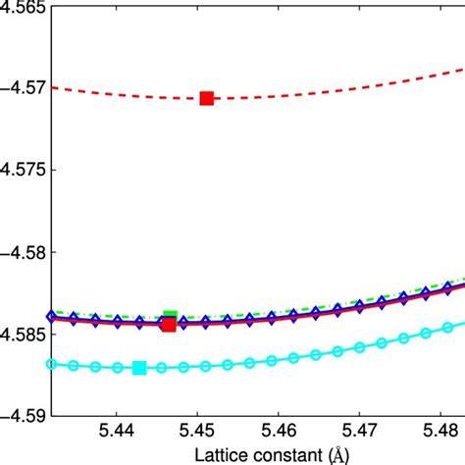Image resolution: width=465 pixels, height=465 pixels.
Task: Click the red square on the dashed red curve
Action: (x=207, y=98)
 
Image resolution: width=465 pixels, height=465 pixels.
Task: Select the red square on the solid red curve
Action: (x=169, y=325)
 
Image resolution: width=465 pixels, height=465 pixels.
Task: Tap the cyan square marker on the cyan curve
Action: (x=139, y=368)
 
